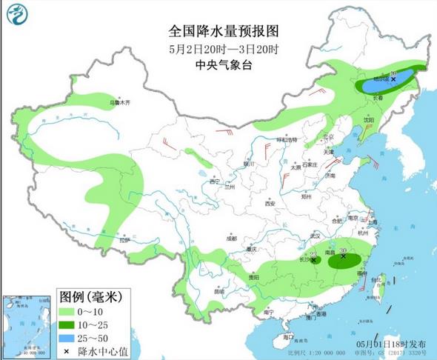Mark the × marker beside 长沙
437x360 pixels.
[315, 260]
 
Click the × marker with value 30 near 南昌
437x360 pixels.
[344, 256]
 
